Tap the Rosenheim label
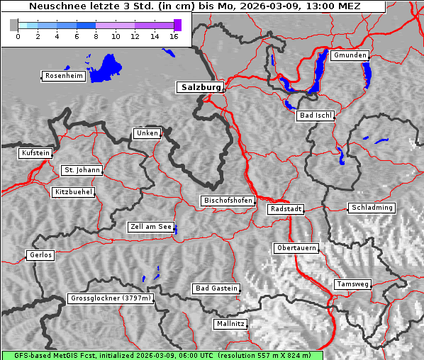[x=64, y=76]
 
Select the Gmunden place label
[x=350, y=55]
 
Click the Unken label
[x=146, y=133]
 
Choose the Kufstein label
[x=35, y=153]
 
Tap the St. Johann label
[x=82, y=170]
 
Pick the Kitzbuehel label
[x=73, y=192]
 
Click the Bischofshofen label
[x=228, y=201]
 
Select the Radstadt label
[x=286, y=209]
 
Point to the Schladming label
[x=371, y=208]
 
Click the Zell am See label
[x=151, y=227]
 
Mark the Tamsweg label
[x=352, y=284]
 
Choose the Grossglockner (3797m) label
[x=111, y=298]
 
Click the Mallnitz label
[x=230, y=324]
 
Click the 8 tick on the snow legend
[x=96, y=36]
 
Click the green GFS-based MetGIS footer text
[x=162, y=355]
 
